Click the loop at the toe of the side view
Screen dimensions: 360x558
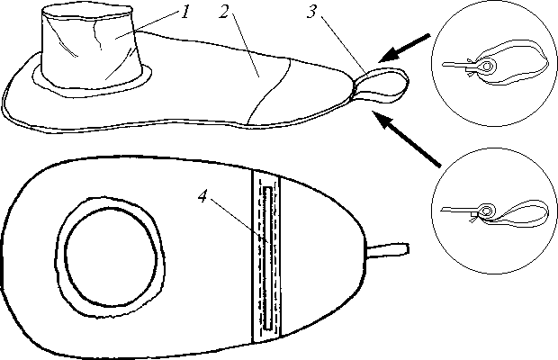coord(382,85)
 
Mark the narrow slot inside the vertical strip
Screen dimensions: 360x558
coord(266,258)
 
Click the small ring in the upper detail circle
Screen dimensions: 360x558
coord(486,66)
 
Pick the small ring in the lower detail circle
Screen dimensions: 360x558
coord(486,211)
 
